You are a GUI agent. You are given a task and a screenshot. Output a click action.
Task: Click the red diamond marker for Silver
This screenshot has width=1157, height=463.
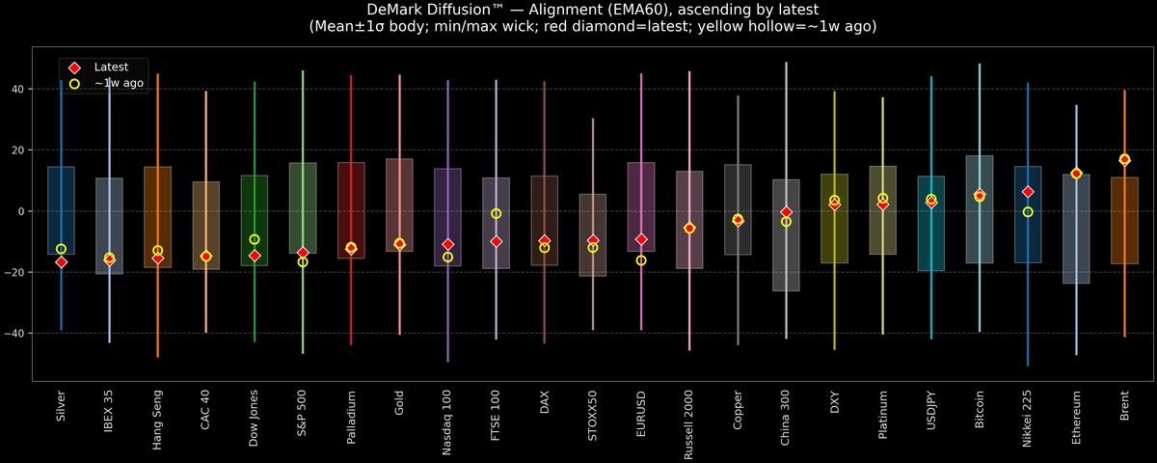(62, 261)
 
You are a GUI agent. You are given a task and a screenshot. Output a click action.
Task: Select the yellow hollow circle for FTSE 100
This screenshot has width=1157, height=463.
(496, 213)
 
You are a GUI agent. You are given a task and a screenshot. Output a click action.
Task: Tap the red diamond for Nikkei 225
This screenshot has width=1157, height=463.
(1028, 192)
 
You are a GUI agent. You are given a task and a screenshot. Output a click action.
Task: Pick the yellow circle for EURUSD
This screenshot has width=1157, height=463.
(641, 260)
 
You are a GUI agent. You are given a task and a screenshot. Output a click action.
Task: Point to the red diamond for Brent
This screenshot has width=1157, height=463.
(1124, 159)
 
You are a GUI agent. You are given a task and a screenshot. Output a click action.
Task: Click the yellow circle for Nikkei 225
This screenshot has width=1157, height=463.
(1028, 212)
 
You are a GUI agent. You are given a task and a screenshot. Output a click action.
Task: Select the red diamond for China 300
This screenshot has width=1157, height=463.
(786, 212)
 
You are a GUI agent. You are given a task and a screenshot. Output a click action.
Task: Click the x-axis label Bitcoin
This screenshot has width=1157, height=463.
(980, 410)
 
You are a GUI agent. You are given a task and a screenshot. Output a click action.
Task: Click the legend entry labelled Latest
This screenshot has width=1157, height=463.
(105, 68)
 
